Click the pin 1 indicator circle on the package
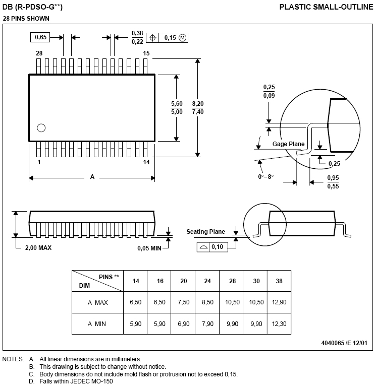click(x=41, y=127)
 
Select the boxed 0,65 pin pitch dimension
click(x=41, y=37)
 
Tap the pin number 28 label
click(x=39, y=53)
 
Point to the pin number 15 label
click(x=146, y=53)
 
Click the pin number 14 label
click(x=146, y=162)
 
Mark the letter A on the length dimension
click(x=92, y=177)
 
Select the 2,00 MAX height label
click(x=38, y=247)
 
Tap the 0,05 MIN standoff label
click(x=149, y=247)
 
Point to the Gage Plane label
click(x=289, y=144)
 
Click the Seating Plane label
click(x=206, y=232)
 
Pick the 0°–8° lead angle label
click(x=265, y=176)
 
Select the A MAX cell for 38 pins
click(x=279, y=302)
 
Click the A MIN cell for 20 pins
click(x=183, y=323)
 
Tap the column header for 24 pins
click(x=207, y=281)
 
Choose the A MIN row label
click(x=97, y=323)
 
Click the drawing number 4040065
click(x=334, y=343)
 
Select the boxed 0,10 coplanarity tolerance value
click(x=218, y=246)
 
